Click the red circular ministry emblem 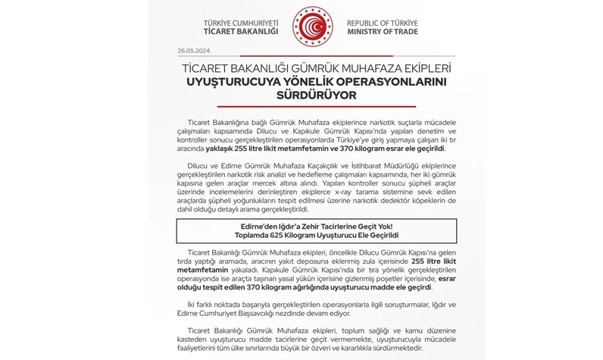[x=312, y=27]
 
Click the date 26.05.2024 [x=193, y=51]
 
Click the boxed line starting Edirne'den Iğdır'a [x=316, y=225]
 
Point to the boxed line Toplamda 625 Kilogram [x=316, y=235]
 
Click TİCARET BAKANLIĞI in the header [x=241, y=32]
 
